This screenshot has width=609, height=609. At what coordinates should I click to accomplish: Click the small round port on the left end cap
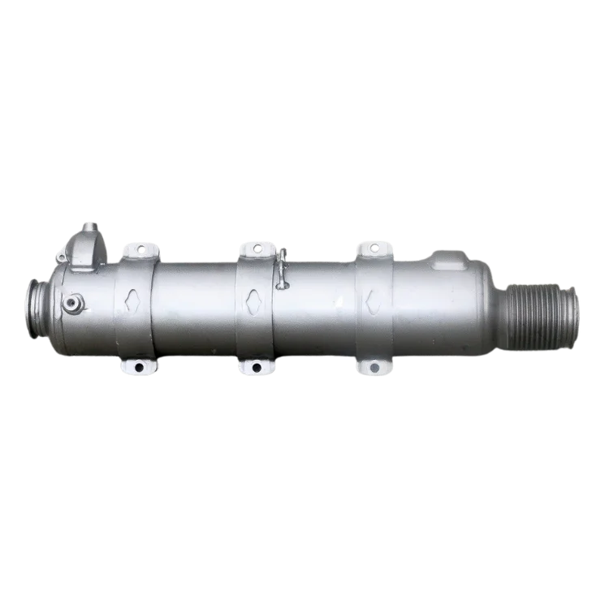coord(72,304)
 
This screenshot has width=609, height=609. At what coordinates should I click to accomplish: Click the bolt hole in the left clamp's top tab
coord(140,248)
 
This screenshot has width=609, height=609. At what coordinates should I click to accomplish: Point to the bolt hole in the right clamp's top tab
coord(374,247)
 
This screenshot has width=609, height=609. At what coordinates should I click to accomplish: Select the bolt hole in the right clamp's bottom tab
coord(373,368)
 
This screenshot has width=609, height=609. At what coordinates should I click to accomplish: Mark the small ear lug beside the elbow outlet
coord(61,256)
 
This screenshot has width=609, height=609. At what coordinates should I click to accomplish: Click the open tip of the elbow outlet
coord(89,225)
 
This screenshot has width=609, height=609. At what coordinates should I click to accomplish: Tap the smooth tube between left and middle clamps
coord(195,309)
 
